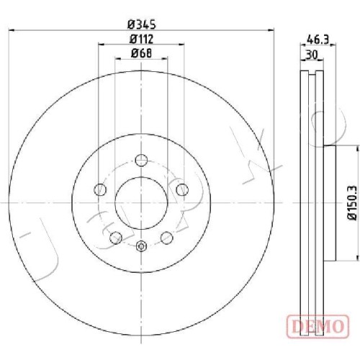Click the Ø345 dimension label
tap(142, 24)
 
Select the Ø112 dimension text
tap(141, 39)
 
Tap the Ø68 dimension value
tap(141, 53)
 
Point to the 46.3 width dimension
tap(318, 40)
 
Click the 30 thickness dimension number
tap(312, 55)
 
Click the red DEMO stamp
tap(318, 326)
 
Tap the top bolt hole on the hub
tap(141, 160)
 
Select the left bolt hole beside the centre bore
tap(100, 189)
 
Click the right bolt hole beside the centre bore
tap(182, 189)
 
